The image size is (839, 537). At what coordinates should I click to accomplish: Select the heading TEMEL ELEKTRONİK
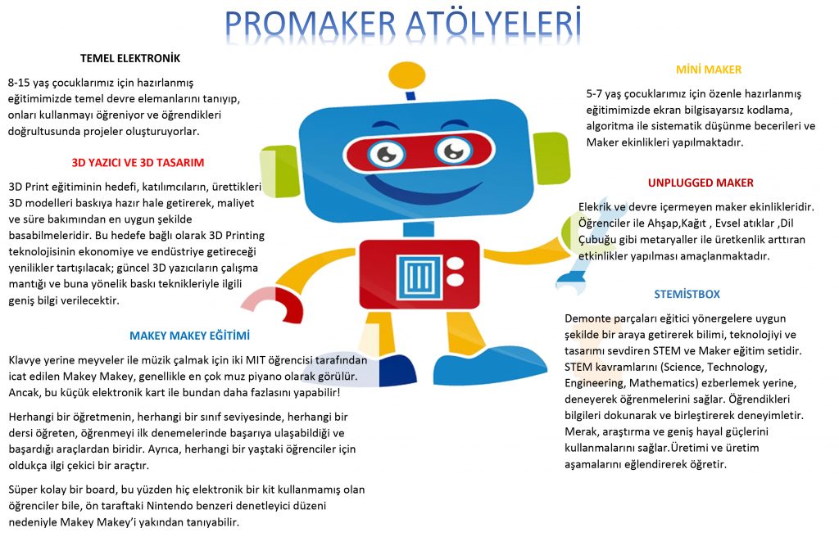tap(130, 59)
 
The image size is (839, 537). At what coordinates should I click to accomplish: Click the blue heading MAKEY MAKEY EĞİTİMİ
tap(189, 336)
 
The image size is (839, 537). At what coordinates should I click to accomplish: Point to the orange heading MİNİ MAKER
tap(708, 70)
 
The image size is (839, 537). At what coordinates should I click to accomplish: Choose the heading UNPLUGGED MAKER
tap(701, 183)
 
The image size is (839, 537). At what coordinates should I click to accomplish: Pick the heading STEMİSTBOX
tap(687, 294)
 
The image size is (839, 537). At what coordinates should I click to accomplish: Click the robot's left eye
tap(383, 152)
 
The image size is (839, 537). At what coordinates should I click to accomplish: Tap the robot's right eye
tap(452, 149)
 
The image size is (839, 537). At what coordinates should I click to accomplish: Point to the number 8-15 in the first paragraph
tap(22, 83)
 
